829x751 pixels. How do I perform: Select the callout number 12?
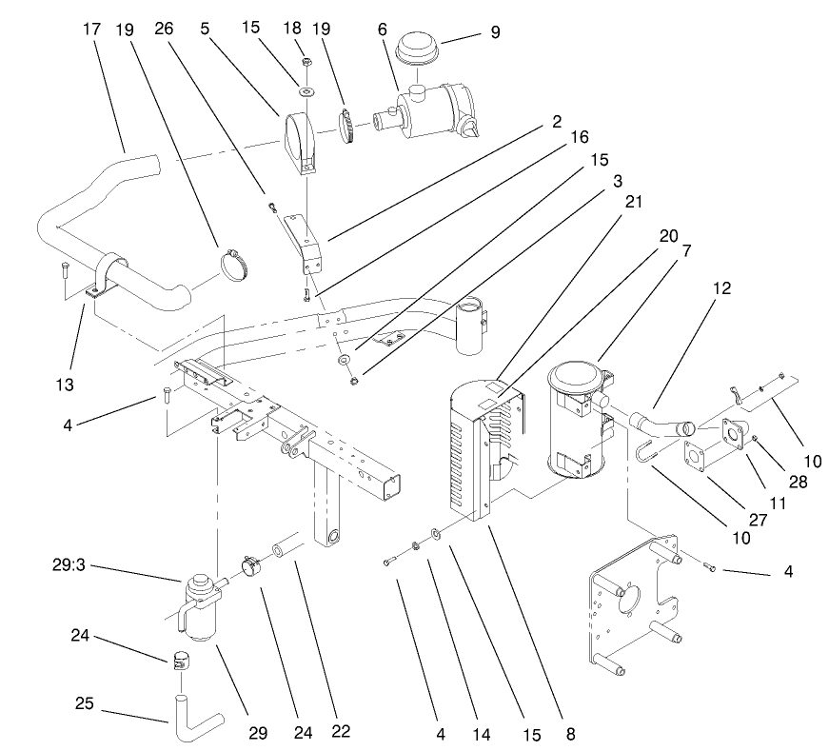(721, 288)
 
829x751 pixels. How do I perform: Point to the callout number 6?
(382, 30)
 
